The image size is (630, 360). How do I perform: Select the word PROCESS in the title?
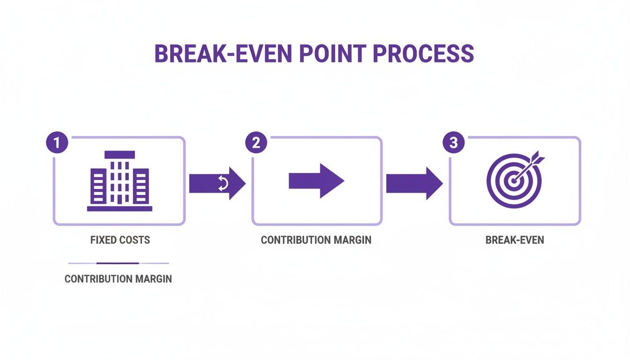click(x=424, y=54)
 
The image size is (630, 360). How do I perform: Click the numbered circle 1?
click(x=57, y=143)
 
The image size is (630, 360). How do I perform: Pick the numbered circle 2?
click(x=256, y=143)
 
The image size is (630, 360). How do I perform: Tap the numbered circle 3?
click(x=453, y=143)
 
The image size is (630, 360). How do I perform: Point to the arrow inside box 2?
click(x=316, y=181)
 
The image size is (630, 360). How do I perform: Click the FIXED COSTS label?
click(x=120, y=240)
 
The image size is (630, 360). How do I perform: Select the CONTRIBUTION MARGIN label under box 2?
click(x=316, y=240)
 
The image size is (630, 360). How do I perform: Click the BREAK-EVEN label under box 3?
click(x=515, y=240)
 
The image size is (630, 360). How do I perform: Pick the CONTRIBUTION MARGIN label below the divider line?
click(x=118, y=279)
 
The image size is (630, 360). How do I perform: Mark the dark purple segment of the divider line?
click(x=118, y=263)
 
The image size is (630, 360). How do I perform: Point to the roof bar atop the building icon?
click(x=120, y=154)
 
